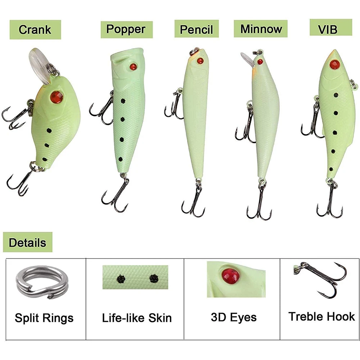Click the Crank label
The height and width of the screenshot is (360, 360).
(x=35, y=30)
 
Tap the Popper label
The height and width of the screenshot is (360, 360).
(x=126, y=30)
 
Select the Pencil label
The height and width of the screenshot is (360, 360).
(x=197, y=29)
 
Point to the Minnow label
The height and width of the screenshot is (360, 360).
(x=261, y=29)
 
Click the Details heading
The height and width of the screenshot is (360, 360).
(x=28, y=242)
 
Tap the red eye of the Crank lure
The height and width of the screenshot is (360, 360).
(x=57, y=97)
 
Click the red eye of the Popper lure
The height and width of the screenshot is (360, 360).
(x=134, y=67)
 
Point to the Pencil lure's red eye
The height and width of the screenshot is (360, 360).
(x=200, y=61)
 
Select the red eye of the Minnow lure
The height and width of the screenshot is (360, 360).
(x=260, y=62)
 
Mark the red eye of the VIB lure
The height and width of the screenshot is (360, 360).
(x=334, y=64)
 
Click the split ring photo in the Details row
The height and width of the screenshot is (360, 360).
(x=41, y=282)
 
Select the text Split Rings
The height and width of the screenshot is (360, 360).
(x=44, y=318)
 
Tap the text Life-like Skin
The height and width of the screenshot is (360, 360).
(x=137, y=318)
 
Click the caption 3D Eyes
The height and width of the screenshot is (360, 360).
(x=234, y=317)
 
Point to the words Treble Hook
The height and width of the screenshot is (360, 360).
(x=321, y=316)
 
